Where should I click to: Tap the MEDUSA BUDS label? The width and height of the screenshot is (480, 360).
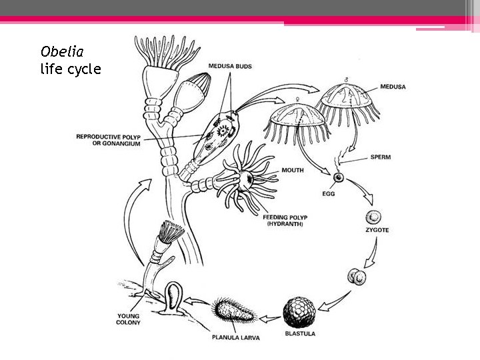tap(229, 67)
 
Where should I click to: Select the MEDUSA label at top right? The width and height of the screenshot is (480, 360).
tap(393, 87)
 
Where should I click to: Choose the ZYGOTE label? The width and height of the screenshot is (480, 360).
tap(376, 229)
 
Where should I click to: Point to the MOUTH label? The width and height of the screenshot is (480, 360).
tap(293, 170)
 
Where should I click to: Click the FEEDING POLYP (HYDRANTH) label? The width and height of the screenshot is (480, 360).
tap(283, 221)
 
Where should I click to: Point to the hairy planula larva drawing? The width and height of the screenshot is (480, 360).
tap(233, 312)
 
